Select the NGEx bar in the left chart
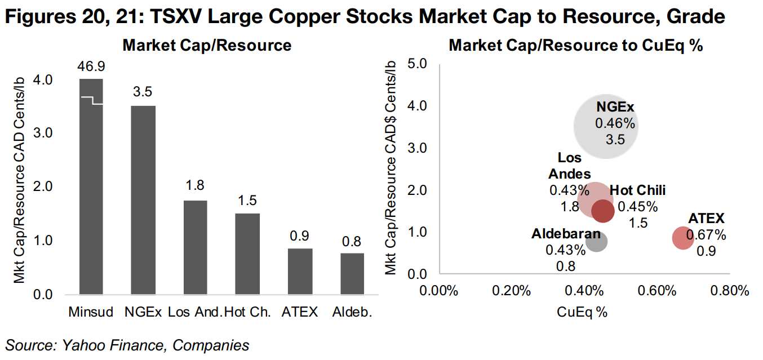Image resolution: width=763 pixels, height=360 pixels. (143, 200)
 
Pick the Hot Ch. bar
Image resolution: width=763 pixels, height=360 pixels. (247, 254)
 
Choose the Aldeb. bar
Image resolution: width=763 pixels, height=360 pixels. (352, 273)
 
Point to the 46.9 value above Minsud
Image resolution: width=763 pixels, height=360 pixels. (91, 67)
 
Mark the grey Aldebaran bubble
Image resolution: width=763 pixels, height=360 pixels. (596, 241)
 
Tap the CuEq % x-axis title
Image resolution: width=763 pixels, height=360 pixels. (582, 312)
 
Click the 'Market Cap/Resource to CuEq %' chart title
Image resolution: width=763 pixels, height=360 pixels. (575, 46)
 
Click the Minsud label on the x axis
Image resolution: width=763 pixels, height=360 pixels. (91, 312)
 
